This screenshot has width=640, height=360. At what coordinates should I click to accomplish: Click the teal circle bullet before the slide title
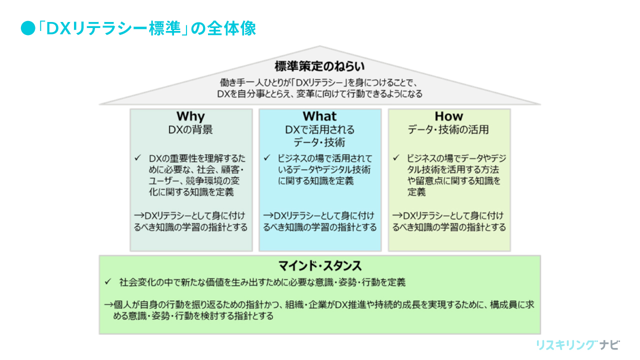(26, 29)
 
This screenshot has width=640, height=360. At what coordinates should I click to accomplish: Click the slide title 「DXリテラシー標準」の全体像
(147, 29)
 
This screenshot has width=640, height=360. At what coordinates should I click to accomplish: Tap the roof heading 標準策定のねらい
(319, 66)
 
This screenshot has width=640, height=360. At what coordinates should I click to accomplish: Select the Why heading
(190, 116)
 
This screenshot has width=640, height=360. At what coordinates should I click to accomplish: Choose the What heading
(319, 116)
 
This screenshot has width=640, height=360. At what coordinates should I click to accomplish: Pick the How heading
(449, 116)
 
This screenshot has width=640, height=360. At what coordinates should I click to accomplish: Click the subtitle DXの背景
(190, 130)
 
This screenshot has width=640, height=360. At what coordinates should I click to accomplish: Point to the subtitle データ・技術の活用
(448, 130)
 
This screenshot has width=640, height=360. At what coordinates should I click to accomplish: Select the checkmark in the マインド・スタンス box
(108, 282)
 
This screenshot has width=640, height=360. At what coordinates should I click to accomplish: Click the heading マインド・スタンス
(319, 265)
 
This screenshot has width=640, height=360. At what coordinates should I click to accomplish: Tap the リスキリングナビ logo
(577, 345)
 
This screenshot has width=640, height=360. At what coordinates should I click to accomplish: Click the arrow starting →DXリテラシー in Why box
(138, 216)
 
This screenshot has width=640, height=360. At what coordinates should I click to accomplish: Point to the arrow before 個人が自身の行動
(108, 304)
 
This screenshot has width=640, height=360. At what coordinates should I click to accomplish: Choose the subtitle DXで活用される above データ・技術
(319, 130)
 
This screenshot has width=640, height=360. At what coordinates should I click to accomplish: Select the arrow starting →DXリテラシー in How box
(397, 216)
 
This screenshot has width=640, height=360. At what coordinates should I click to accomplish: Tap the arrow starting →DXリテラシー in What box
(268, 216)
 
